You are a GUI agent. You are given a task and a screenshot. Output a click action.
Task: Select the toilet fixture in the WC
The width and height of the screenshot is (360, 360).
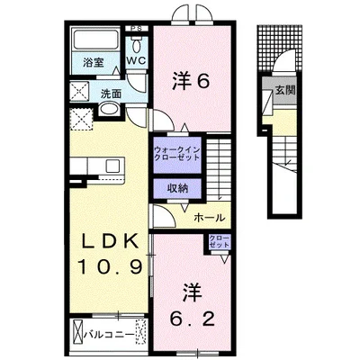tap(136, 44)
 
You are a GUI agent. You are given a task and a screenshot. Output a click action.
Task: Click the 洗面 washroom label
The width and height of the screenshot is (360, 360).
tap(110, 92)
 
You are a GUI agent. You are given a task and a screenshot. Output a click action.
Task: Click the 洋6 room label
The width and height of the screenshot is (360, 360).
tap(191, 81)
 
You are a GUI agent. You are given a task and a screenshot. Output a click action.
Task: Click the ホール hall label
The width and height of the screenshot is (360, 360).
tap(210, 217)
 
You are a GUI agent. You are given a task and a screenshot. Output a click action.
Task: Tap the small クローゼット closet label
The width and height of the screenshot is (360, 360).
tap(219, 240)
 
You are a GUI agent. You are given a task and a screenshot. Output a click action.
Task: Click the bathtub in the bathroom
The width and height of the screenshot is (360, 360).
tap(94, 41)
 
